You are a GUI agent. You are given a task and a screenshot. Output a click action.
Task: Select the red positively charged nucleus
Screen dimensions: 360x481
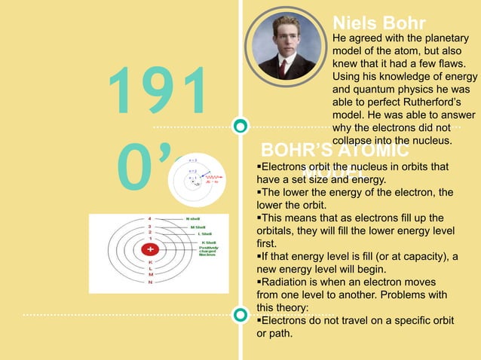pos(151,249)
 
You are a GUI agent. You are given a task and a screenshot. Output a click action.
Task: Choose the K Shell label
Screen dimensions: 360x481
pos(206,242)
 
